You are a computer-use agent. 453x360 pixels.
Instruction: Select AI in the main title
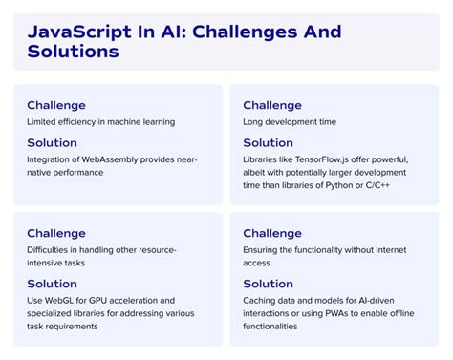(x=163, y=32)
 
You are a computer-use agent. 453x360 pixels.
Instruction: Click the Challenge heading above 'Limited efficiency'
(x=56, y=105)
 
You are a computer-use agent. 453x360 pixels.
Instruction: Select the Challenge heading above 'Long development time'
(x=272, y=105)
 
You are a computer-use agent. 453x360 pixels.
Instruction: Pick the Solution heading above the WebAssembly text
(x=53, y=142)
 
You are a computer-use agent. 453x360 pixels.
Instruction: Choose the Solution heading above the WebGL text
(x=53, y=284)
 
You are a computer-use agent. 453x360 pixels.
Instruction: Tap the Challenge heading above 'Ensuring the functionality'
(x=272, y=234)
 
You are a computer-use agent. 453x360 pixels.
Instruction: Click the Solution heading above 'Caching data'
(x=269, y=284)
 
